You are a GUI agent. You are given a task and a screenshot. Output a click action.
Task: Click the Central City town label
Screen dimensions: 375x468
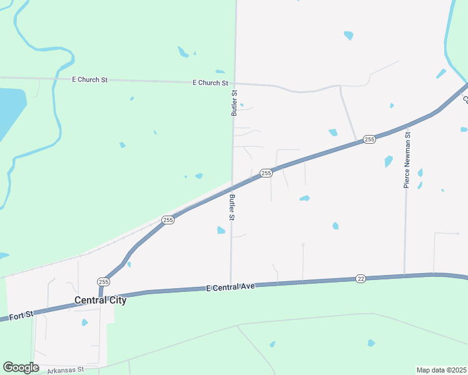(100, 300)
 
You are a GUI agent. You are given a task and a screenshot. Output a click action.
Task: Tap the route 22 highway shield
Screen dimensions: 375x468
(360, 278)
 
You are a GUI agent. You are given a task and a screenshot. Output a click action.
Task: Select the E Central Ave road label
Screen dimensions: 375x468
(231, 287)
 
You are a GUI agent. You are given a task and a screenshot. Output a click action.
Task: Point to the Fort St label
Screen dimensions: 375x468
(21, 316)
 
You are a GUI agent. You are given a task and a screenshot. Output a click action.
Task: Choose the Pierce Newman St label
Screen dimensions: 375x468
(407, 159)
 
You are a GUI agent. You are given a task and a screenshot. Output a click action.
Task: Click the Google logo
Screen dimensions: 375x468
(21, 367)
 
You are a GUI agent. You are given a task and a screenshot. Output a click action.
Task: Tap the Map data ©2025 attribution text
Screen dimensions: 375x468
(441, 370)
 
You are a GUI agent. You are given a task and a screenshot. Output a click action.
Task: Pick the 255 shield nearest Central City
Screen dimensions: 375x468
(103, 282)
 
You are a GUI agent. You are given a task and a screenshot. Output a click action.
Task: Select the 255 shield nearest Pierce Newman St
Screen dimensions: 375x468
(369, 139)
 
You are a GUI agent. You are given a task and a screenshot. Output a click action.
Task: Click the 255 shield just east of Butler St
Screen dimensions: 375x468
(266, 173)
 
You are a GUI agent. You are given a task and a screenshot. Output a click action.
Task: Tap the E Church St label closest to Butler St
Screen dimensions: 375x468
(210, 82)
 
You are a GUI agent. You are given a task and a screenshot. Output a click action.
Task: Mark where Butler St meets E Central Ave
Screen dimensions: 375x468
(231, 285)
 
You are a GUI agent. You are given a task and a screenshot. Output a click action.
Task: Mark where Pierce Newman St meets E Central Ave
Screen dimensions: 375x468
(404, 275)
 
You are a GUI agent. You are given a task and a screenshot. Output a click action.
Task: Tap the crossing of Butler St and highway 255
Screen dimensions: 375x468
(232, 186)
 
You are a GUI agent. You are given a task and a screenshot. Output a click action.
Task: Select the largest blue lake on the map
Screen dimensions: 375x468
(9, 116)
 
